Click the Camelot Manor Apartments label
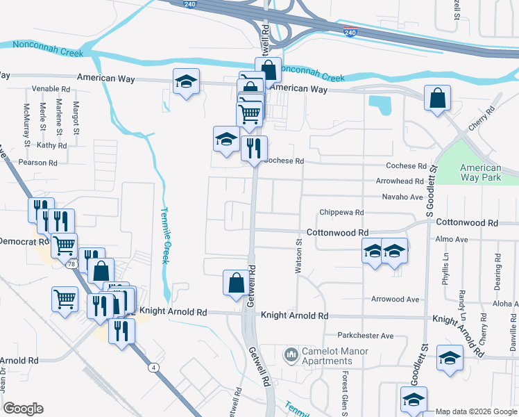[327, 356]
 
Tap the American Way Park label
[480, 172]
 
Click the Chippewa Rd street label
[341, 212]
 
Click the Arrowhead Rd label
[400, 181]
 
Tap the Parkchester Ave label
[366, 336]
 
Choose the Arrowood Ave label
[395, 300]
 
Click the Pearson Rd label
[38, 163]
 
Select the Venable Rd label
[51, 90]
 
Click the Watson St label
[300, 256]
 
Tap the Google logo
[23, 408]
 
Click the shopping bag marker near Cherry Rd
[438, 99]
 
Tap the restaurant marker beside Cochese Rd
[254, 148]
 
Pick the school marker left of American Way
[186, 82]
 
